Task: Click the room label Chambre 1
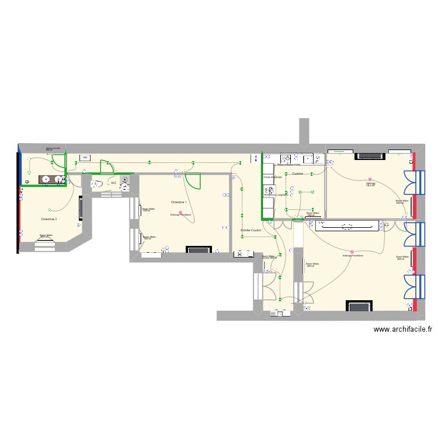coord(179,202)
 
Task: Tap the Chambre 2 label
coord(49,219)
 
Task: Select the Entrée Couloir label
coord(251,231)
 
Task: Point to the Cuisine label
coord(298,173)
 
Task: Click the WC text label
coord(113,183)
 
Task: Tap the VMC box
coord(85,158)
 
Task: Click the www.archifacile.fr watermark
coord(402,329)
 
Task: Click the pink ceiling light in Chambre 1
coord(180,212)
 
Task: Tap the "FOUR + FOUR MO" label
coord(272,176)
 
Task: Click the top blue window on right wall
coord(416,183)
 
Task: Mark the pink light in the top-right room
coord(370,180)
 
